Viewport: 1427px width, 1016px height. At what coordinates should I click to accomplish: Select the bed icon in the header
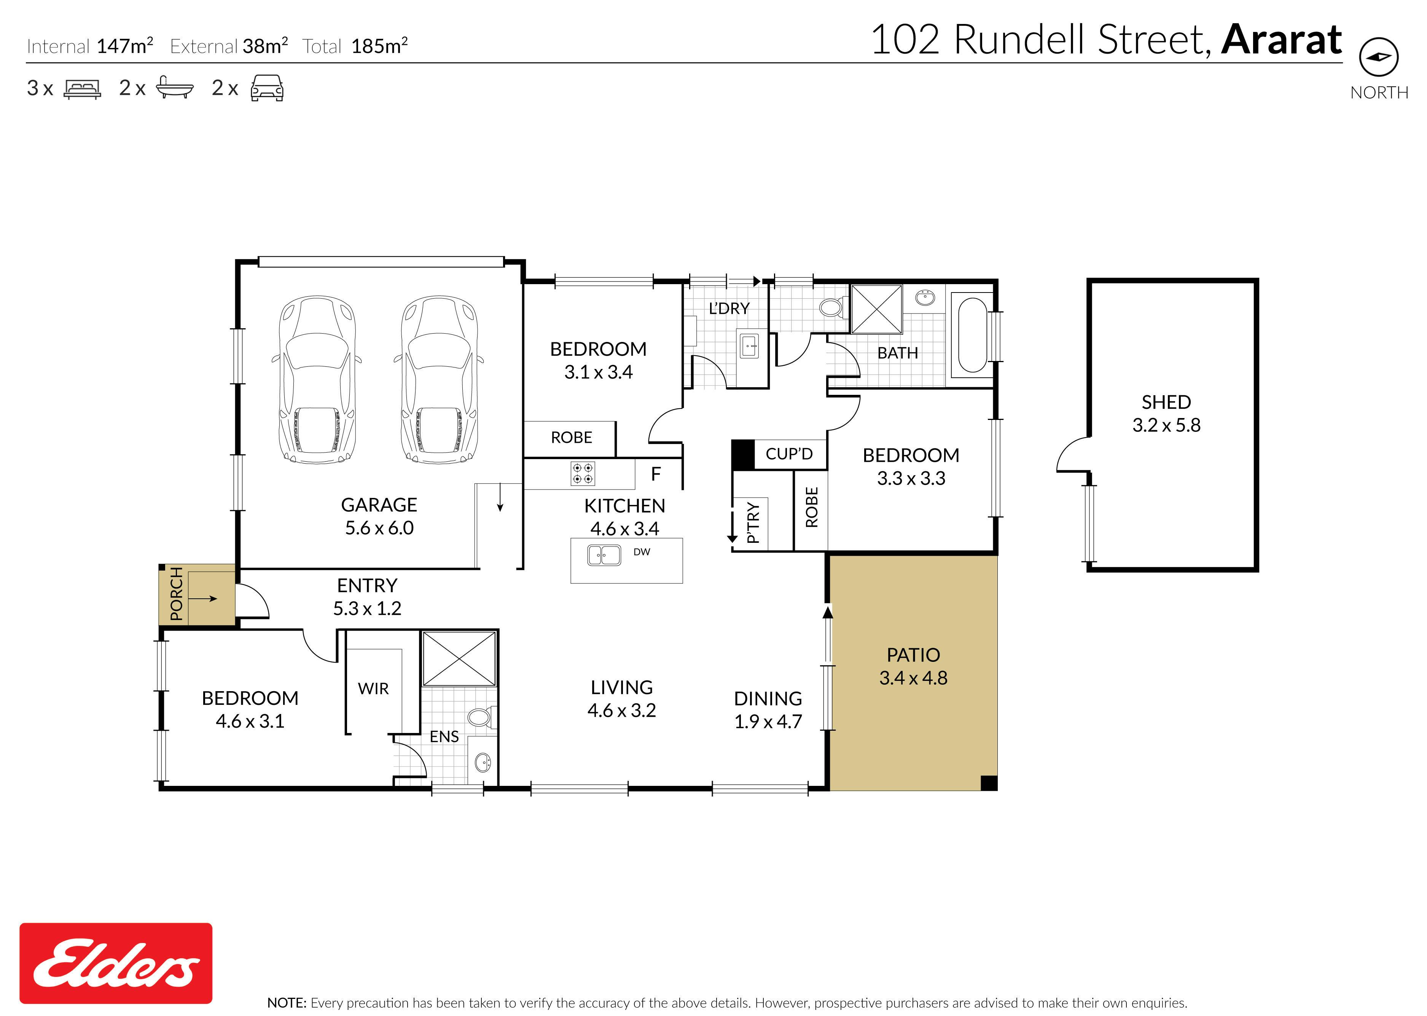(x=82, y=89)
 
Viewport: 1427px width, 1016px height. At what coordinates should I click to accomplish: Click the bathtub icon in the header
(x=175, y=88)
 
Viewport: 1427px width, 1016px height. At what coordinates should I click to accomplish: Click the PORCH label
(x=177, y=594)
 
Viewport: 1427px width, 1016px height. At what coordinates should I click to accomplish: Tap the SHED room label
(x=1166, y=402)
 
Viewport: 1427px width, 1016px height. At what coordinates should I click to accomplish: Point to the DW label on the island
(x=642, y=552)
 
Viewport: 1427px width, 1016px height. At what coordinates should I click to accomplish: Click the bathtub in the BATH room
(x=972, y=335)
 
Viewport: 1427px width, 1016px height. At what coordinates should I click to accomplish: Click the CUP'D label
(x=789, y=453)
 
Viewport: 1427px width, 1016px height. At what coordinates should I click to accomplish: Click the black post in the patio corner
(x=989, y=783)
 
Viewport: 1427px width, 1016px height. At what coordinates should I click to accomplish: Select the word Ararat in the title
(x=1281, y=40)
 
